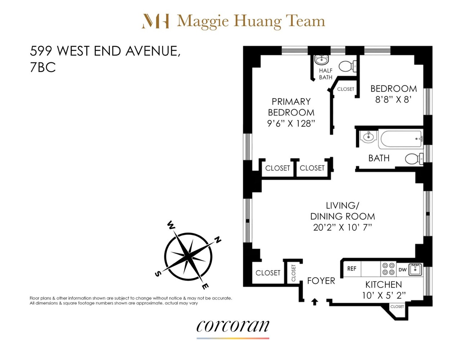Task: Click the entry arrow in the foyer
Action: coord(314,302)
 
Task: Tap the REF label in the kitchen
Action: coord(351,269)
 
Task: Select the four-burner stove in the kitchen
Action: coord(388,269)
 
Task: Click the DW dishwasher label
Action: coord(402,270)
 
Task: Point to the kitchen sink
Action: coord(415,269)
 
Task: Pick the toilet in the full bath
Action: coord(413,158)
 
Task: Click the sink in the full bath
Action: coord(368,137)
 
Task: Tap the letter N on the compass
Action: coord(218,240)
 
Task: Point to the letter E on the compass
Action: coord(204,287)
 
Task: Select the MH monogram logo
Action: coord(156,21)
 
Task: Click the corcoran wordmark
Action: coord(233,326)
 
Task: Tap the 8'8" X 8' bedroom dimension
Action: coord(393,100)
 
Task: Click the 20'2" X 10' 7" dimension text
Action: coord(342,228)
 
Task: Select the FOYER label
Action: coord(321,281)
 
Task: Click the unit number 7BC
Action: coord(43,68)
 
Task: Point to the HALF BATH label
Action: coord(326,74)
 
